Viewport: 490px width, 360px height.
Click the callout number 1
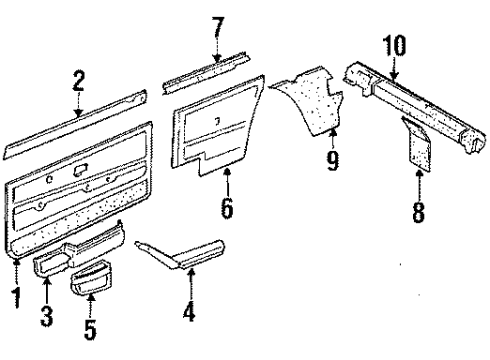16,297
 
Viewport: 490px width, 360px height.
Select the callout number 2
78,81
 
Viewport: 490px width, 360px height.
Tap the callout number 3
47,316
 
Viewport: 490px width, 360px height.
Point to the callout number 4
189,311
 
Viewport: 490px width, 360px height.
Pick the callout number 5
90,329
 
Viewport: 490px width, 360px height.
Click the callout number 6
227,208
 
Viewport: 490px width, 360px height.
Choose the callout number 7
218,28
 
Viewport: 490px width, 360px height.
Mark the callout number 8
418,212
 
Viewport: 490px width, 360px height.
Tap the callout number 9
332,160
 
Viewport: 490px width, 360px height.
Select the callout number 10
395,45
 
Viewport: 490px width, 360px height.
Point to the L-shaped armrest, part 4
180,254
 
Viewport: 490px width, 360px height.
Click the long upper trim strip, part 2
75,125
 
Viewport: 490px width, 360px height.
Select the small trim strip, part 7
207,73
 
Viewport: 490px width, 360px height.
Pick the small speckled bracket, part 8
417,143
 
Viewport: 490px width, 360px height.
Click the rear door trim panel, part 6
218,125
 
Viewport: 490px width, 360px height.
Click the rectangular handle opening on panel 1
81,170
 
